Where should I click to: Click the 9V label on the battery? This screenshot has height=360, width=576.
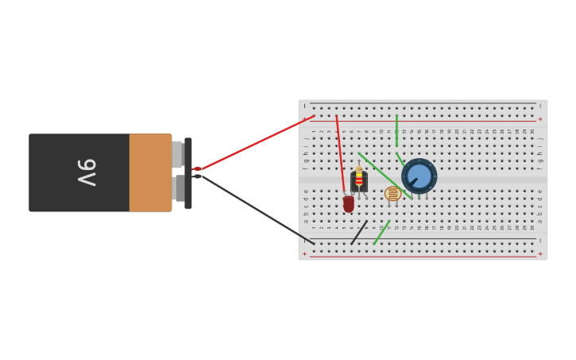pos(87,172)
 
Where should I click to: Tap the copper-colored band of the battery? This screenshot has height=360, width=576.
pos(150,172)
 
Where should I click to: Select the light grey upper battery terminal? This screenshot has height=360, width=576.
pos(177,153)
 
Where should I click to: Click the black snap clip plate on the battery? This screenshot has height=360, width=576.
pos(188,172)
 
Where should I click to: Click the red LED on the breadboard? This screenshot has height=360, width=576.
pos(349,204)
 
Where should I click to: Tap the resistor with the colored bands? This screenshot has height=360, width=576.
pos(359,177)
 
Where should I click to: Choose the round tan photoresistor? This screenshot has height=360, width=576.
pos(392,193)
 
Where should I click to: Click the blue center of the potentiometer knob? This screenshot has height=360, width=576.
pos(419,175)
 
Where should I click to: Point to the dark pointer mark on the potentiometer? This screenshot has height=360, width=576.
pos(412,182)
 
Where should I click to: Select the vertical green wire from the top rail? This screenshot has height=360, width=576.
pos(396,130)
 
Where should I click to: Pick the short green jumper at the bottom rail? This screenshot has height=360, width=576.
pos(381,232)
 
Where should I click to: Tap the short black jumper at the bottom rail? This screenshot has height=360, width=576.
pos(359,233)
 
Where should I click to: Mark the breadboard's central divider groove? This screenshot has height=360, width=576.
pos(477,180)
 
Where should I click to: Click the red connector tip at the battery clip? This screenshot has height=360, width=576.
pos(196,168)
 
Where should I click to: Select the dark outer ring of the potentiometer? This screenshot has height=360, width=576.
pos(431,166)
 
